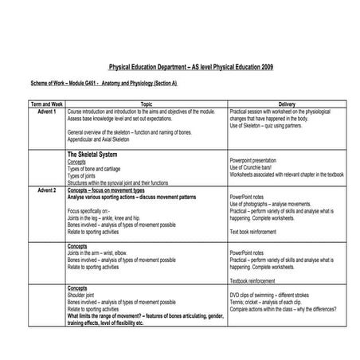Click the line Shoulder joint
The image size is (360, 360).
click(85, 295)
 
